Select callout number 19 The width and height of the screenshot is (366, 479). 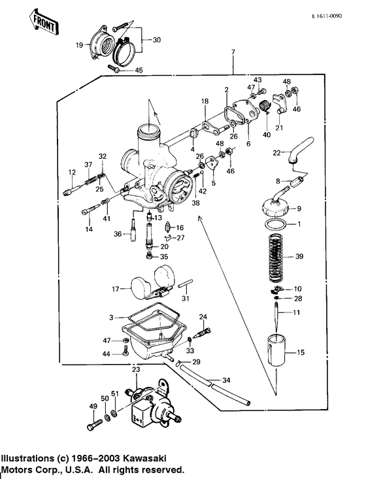pos(79,45)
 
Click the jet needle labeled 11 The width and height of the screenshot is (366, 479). pos(279,315)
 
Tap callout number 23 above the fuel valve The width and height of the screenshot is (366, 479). pos(135,369)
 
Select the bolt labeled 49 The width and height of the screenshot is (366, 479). pos(91,425)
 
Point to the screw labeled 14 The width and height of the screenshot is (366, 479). pos(90,210)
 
